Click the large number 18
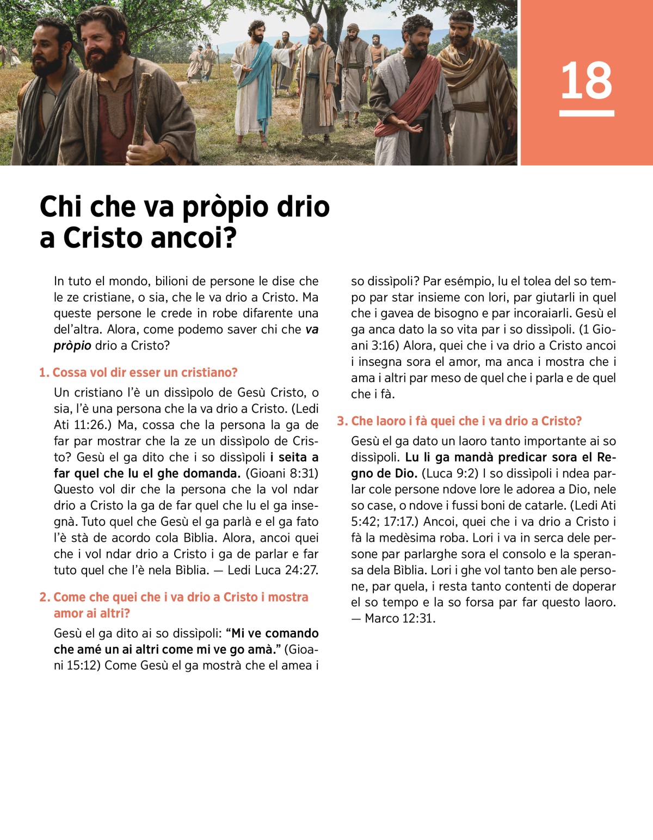[586, 81]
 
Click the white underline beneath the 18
[587, 113]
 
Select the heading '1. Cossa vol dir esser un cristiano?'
[138, 373]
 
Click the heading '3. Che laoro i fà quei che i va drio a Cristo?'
[459, 421]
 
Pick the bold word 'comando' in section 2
[292, 633]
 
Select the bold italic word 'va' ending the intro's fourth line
[312, 329]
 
